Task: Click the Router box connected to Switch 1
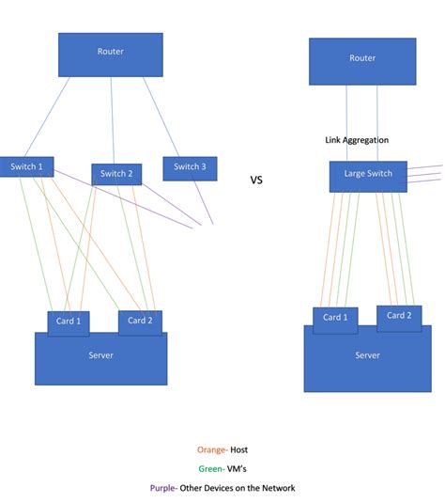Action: pos(110,55)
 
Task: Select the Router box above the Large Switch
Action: pos(362,61)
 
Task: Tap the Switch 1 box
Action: pos(26,166)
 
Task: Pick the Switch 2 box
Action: pos(116,174)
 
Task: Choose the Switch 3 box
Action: pos(190,168)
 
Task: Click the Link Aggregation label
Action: pos(357,140)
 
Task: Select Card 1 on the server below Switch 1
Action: pos(69,322)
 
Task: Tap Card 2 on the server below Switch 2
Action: pos(140,322)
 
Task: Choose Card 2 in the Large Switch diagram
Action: pos(399,316)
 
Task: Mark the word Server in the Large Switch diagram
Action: pos(367,355)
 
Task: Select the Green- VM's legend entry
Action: pos(222,468)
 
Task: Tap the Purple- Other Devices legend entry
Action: pos(222,487)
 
